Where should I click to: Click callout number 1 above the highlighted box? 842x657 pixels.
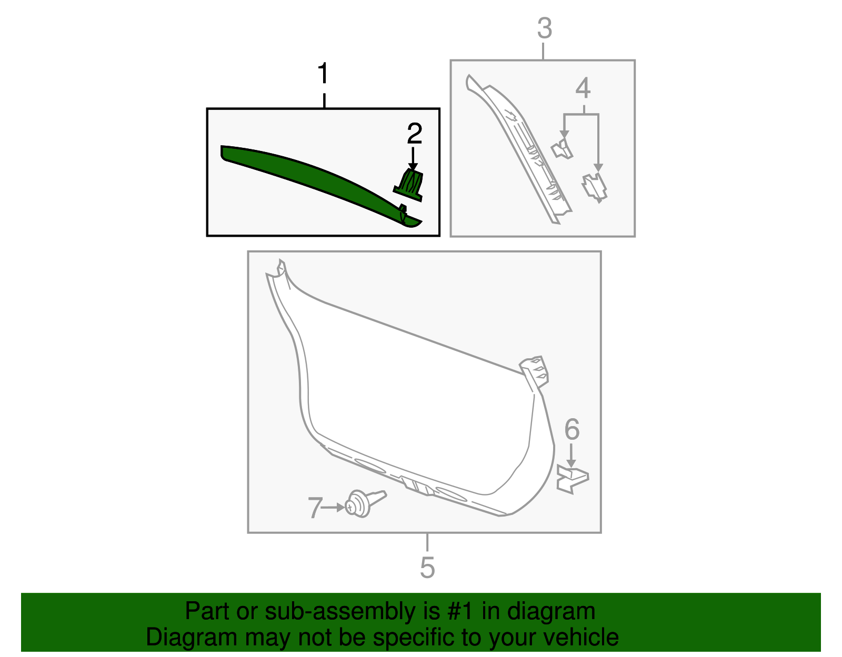tap(324, 74)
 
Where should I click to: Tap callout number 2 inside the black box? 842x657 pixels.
tap(414, 134)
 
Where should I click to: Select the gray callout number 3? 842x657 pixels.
tap(545, 28)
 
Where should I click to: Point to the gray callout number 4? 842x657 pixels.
tap(583, 88)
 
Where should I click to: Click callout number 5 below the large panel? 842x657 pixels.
tap(427, 568)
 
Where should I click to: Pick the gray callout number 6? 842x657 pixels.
tap(572, 430)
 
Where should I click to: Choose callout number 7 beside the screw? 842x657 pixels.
tap(314, 508)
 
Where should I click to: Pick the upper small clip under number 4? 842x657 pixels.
tap(562, 149)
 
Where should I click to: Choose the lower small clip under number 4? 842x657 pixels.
tap(594, 187)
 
